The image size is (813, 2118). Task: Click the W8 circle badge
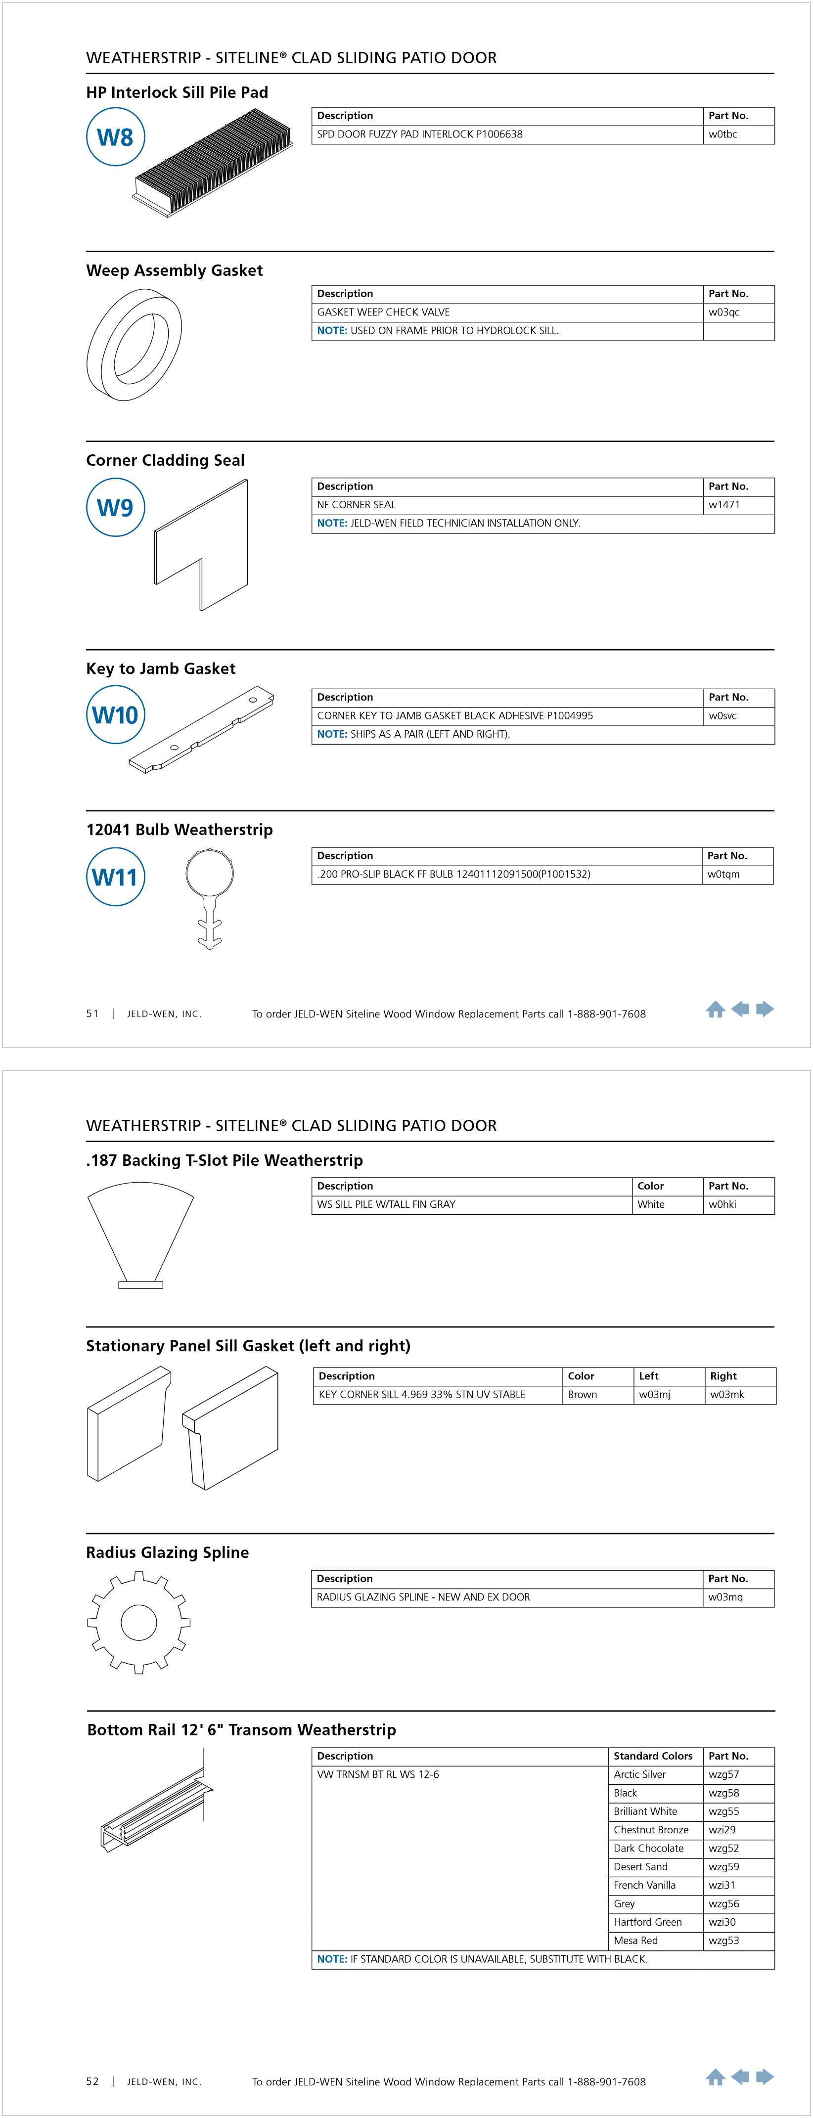115,137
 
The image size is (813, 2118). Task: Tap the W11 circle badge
115,877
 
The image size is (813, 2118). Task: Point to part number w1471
723,505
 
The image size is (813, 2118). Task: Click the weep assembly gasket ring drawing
134,345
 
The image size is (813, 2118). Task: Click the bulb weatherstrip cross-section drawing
210,898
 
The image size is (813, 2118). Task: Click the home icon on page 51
715,1010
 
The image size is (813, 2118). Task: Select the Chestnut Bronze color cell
651,1830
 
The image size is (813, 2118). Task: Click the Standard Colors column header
653,1756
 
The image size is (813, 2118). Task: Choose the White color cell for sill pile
651,1204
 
